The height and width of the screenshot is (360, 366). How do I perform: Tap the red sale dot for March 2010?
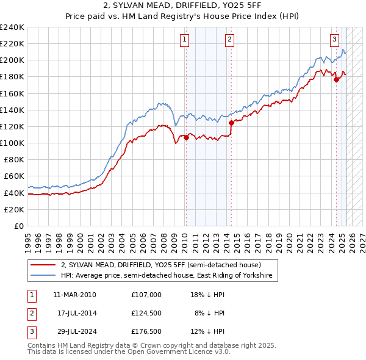pyautogui.click(x=186, y=137)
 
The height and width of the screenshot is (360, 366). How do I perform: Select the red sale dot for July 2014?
pyautogui.click(x=231, y=123)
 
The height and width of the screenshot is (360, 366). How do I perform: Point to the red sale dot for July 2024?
pyautogui.click(x=336, y=79)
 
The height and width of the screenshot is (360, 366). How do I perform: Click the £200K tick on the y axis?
pyautogui.click(x=12, y=60)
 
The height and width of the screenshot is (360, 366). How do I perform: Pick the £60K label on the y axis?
pyautogui.click(x=15, y=176)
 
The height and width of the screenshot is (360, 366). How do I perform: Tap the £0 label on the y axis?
pyautogui.click(x=20, y=226)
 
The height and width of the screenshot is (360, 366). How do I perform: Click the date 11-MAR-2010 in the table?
pyautogui.click(x=74, y=294)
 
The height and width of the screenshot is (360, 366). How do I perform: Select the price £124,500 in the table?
pyautogui.click(x=146, y=313)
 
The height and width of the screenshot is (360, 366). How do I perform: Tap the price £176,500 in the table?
pyautogui.click(x=146, y=331)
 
